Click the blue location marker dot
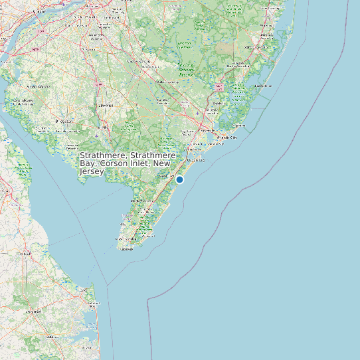[x=179, y=179]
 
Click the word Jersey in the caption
[x=92, y=171]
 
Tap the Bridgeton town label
[x=65, y=122]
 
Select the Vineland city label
[x=103, y=105]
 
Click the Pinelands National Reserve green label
[x=186, y=70]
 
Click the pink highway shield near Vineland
[x=99, y=85]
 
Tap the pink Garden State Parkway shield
[x=219, y=87]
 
